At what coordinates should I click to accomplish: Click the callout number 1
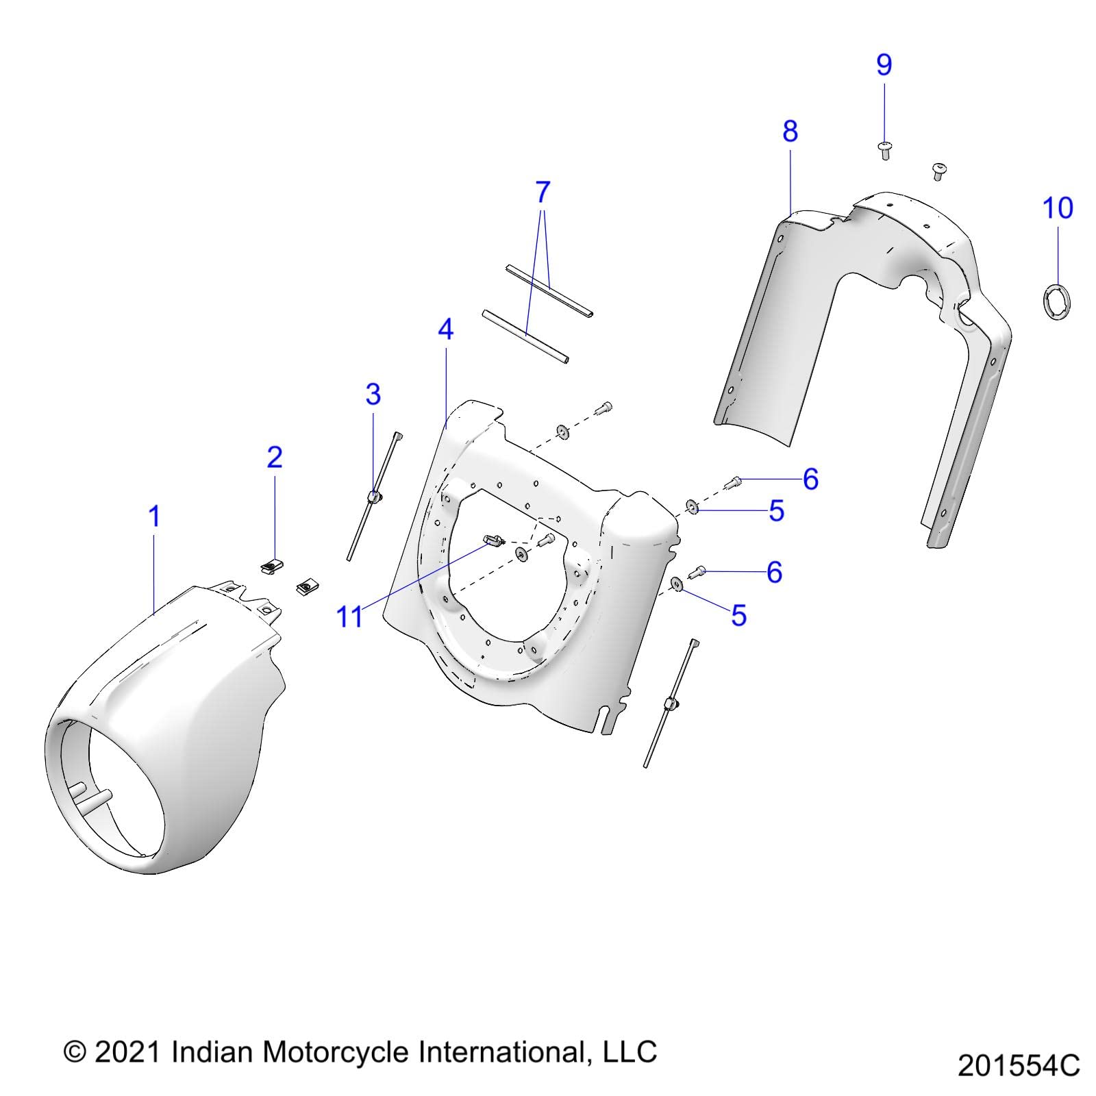(x=155, y=516)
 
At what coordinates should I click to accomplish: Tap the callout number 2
(x=275, y=457)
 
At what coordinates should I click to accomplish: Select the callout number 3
(x=373, y=395)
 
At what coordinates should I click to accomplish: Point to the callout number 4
(x=445, y=330)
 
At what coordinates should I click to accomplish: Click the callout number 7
(x=543, y=192)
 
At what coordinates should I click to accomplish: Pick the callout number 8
(x=790, y=131)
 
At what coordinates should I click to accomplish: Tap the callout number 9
(x=884, y=65)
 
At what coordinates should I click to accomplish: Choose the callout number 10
(x=1058, y=208)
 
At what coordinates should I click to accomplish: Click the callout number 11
(x=349, y=616)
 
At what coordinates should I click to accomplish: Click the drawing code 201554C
(x=1019, y=1066)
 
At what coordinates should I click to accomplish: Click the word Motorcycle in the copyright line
(x=336, y=1051)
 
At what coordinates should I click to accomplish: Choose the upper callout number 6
(x=810, y=480)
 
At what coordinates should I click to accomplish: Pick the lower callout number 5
(x=738, y=615)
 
